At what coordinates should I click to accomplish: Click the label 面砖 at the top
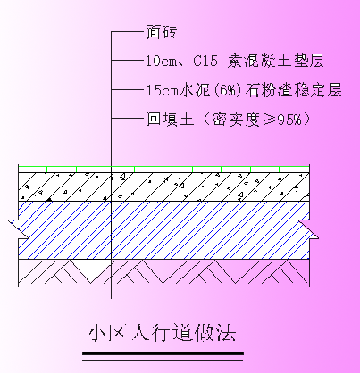click(162, 31)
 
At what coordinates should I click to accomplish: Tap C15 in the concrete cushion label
click(205, 61)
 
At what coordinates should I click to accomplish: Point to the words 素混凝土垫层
click(275, 61)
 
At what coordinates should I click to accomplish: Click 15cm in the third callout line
click(163, 90)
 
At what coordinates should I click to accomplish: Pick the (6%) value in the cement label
click(227, 90)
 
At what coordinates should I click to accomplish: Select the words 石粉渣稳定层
click(293, 90)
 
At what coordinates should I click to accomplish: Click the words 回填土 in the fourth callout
click(171, 119)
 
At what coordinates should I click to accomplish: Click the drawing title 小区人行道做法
click(163, 332)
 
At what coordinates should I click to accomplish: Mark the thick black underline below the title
click(163, 353)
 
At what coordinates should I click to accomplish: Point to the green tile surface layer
click(163, 169)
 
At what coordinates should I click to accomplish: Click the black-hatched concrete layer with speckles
click(163, 186)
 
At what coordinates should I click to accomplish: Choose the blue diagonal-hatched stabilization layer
click(163, 230)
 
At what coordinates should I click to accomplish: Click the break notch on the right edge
click(308, 229)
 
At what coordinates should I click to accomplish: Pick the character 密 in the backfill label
click(220, 119)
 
